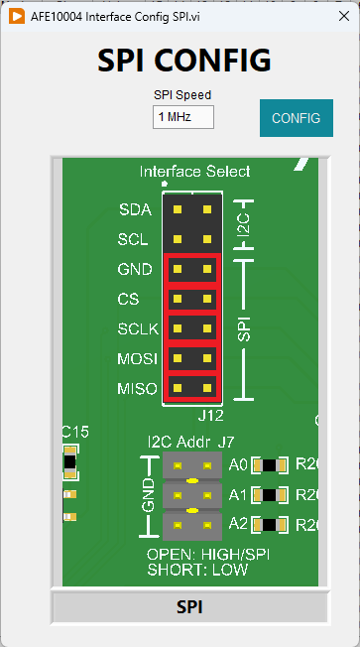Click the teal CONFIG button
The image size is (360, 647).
tap(296, 118)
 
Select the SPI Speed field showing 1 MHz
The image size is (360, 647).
tap(183, 117)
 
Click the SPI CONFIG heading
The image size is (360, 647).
tap(183, 61)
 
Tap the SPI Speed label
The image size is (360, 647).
tap(182, 95)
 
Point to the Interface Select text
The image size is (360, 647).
tap(194, 171)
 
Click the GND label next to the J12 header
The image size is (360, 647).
tap(134, 269)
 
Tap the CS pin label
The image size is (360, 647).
tap(128, 299)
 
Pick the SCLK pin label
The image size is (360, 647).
tap(133, 328)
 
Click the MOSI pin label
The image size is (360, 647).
tap(134, 358)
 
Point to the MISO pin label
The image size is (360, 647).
tap(134, 388)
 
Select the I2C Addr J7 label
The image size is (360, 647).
tap(190, 441)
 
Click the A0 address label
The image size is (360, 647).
tap(237, 464)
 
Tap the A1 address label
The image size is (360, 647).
tap(237, 494)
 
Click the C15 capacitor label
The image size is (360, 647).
tap(75, 432)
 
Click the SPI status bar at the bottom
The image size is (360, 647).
tap(188, 607)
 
